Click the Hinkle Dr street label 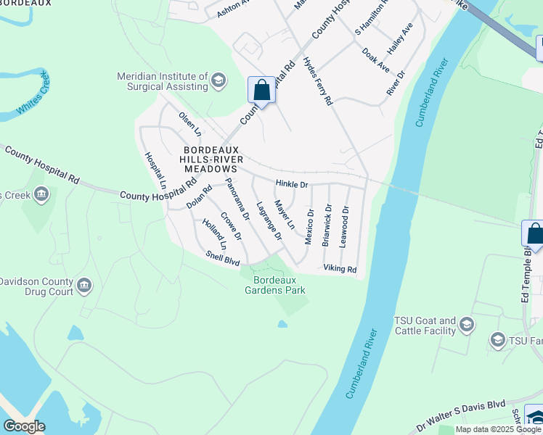[292, 185]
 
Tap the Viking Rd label [340, 269]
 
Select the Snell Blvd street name [222, 257]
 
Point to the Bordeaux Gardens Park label [279, 285]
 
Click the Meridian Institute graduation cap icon [218, 81]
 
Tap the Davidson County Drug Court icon [85, 285]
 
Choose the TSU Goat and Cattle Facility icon [467, 325]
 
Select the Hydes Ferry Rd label [317, 81]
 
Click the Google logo [24, 426]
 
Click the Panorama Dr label [237, 199]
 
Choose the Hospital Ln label [155, 172]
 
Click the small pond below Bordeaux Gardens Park [282, 324]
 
